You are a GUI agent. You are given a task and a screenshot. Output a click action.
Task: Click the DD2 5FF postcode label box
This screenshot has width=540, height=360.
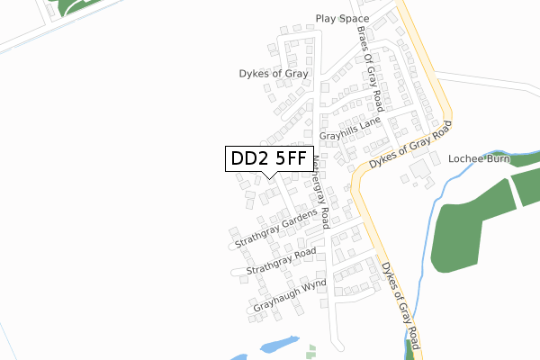pos(270,159)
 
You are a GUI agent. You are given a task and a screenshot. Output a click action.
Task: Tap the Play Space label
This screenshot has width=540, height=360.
pos(343,18)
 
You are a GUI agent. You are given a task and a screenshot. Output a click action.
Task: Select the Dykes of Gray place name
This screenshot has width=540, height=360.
pos(274,74)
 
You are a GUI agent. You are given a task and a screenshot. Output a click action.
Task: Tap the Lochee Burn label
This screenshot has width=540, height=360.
pos(479,159)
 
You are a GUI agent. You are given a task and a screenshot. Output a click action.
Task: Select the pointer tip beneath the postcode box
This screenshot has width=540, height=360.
pos(270,176)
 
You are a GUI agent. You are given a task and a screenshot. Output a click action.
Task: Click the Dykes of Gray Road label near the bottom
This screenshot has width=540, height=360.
pos(401,303)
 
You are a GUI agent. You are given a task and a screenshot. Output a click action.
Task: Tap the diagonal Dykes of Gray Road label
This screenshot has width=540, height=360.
pos(409,149)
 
